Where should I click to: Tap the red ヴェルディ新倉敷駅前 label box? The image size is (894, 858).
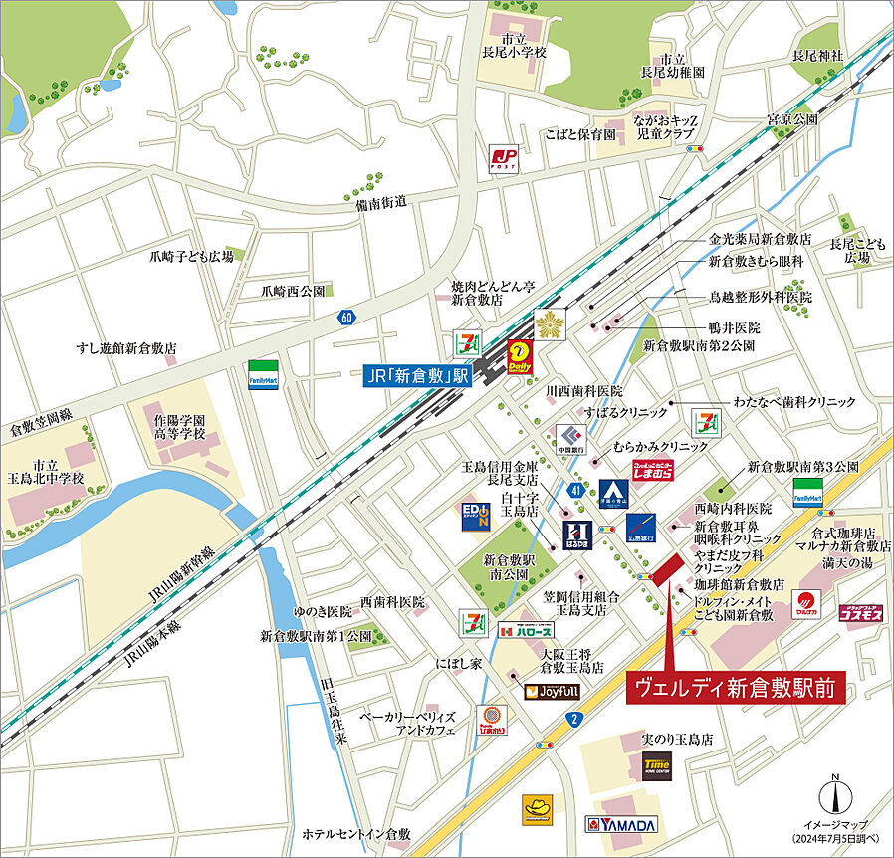coord(736,687)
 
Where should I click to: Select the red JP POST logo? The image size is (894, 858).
coord(504,158)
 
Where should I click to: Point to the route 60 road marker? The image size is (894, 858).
coord(345,318)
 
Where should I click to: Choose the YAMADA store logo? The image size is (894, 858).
coord(621,825)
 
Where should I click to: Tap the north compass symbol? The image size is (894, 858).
coord(836,796)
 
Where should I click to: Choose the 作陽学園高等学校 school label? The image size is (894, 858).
coord(179,427)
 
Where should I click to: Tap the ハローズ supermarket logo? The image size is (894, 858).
coord(525,631)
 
